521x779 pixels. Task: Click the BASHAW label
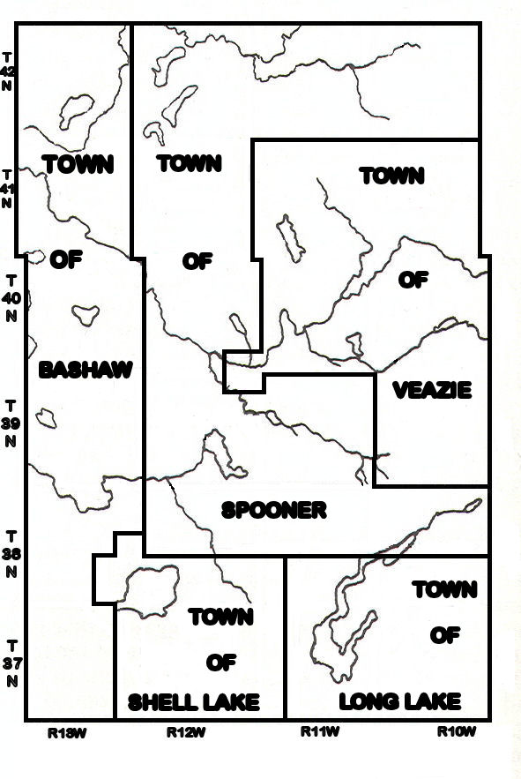point(86,370)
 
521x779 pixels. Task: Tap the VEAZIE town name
point(432,390)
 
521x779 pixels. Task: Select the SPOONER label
point(274,510)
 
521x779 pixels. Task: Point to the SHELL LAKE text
point(194,702)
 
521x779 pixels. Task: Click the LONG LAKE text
point(400,702)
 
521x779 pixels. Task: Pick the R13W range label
point(68,731)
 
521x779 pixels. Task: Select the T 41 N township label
point(9,189)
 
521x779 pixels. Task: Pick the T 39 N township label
point(10,423)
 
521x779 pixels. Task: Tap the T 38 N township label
point(11,554)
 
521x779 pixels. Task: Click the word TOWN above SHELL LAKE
point(220,617)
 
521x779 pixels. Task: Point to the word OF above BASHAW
point(64,259)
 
